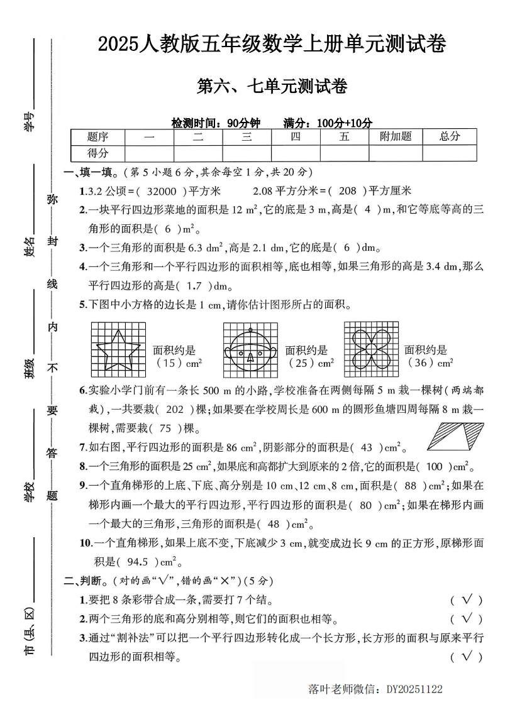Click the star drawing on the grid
(118, 347)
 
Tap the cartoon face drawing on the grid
(250, 347)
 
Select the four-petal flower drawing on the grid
(370, 347)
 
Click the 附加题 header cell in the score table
(396, 137)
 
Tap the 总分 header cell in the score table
(450, 137)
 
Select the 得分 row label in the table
(97, 153)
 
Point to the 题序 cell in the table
(97, 137)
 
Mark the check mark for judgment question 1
(467, 601)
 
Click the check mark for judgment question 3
(467, 657)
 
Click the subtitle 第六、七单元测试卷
(272, 86)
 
